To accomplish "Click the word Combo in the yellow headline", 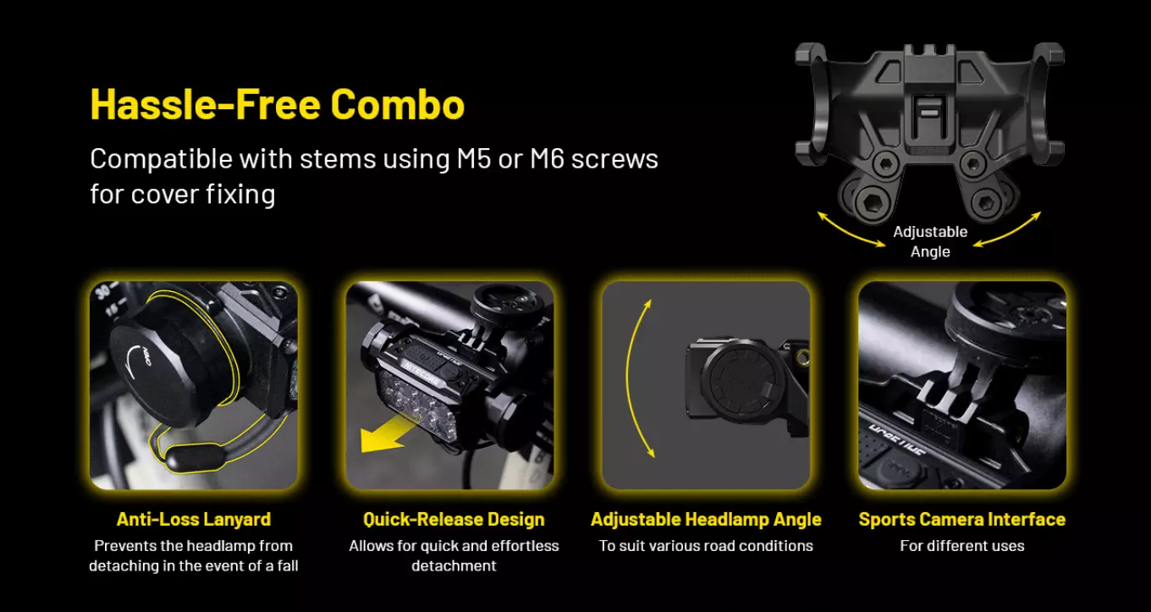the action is (x=398, y=104).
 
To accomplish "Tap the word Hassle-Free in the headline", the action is (x=206, y=104).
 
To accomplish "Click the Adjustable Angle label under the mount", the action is (x=930, y=241).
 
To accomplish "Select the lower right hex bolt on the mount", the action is (x=985, y=202).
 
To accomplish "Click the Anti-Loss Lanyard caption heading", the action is (x=194, y=519).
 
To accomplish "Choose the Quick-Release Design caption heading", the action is (x=454, y=519).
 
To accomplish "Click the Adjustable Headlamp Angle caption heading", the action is (x=706, y=519).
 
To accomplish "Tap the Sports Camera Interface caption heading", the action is (x=962, y=519).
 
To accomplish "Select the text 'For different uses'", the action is (x=962, y=546).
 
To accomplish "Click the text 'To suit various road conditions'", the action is (x=706, y=546).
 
